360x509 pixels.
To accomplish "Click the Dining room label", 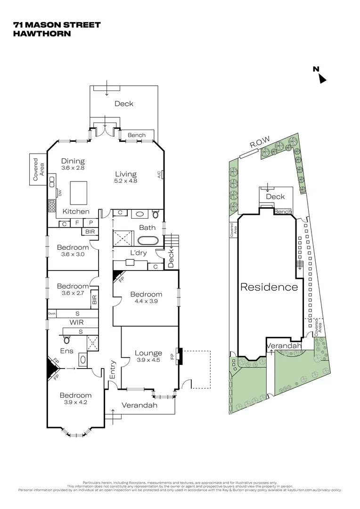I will tap(73, 161).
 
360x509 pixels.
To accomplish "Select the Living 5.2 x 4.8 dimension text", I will tap(125, 181).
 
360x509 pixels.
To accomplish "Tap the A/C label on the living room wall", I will tap(159, 175).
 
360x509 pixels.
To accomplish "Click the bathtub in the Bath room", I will tap(148, 240).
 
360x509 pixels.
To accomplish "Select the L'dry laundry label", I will tap(139, 253).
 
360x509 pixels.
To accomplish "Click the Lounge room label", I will tap(148, 353).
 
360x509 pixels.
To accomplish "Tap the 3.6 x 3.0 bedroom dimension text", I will tap(73, 254).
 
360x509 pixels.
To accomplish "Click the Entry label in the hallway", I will tap(113, 369).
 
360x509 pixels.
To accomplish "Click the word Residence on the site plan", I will tap(269, 287).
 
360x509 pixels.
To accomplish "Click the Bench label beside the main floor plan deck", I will tap(137, 135).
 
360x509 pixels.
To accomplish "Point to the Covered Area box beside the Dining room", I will tap(38, 169).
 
